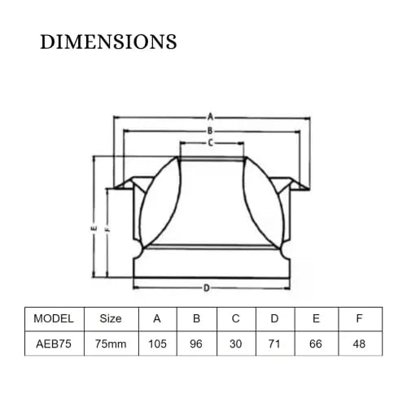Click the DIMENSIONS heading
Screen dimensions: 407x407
108,42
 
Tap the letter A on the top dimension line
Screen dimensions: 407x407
210,117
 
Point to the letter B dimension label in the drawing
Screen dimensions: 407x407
210,131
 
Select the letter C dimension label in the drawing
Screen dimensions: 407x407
211,142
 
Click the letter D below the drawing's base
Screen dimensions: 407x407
207,288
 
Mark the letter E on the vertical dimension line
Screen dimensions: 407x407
94,229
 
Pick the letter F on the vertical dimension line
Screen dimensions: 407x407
107,229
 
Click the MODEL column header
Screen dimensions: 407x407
54,318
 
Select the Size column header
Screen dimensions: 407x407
111,318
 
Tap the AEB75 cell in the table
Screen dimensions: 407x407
54,344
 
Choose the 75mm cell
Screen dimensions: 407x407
111,344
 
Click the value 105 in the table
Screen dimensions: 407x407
157,344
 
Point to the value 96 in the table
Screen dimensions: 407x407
196,344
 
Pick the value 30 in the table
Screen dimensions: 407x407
235,344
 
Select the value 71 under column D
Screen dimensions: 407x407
274,344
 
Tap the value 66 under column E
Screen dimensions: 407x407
316,344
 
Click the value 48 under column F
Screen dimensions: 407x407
359,344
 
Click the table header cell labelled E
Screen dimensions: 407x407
316,318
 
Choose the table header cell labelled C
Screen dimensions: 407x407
235,318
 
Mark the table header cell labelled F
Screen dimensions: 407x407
359,318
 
